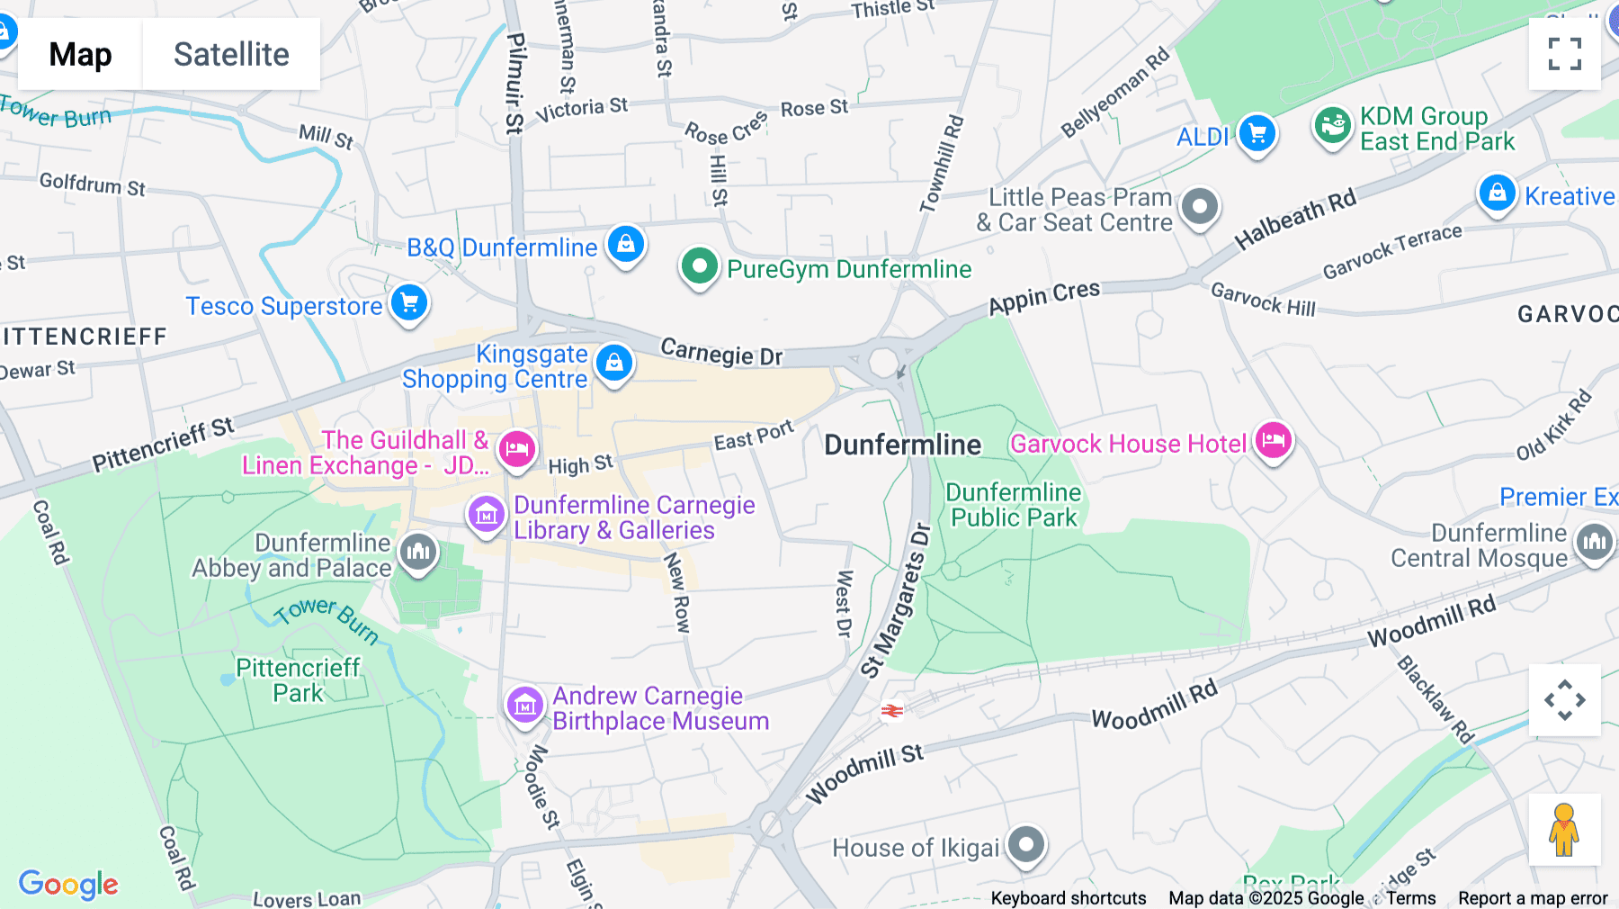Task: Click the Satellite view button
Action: pyautogui.click(x=231, y=54)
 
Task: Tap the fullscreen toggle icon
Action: pyautogui.click(x=1564, y=54)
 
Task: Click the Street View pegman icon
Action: pyautogui.click(x=1564, y=830)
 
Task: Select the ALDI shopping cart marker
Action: pyautogui.click(x=1257, y=134)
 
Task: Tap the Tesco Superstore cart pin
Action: pyautogui.click(x=409, y=302)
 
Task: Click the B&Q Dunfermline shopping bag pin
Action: pyautogui.click(x=625, y=244)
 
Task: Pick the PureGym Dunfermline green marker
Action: pyautogui.click(x=699, y=266)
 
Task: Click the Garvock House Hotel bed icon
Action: pyautogui.click(x=1273, y=440)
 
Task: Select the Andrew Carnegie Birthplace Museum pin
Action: pyautogui.click(x=524, y=706)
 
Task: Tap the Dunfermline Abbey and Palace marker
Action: pyautogui.click(x=418, y=552)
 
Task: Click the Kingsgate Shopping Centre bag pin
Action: pyautogui.click(x=614, y=363)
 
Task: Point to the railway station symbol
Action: pyautogui.click(x=891, y=711)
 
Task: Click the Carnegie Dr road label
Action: pyautogui.click(x=721, y=352)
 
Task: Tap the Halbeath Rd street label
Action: pyautogui.click(x=1294, y=220)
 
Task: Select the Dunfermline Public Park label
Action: pyautogui.click(x=1013, y=505)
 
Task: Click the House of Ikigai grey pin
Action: pyautogui.click(x=1025, y=845)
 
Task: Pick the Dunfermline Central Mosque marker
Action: pyautogui.click(x=1595, y=542)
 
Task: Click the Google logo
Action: pyautogui.click(x=68, y=884)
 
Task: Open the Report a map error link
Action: pyautogui.click(x=1532, y=898)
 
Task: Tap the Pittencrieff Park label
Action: pyautogui.click(x=298, y=680)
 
